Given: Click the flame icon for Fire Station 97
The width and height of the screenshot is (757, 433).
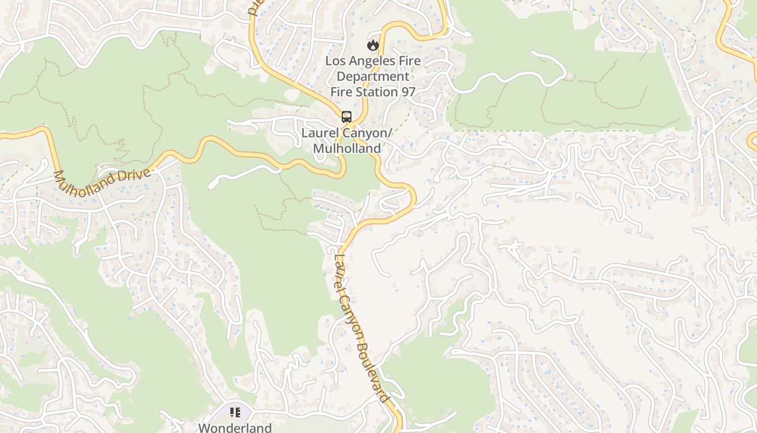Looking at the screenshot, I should pos(373,45).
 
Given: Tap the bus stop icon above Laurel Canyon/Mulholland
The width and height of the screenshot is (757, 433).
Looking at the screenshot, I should pos(346,116).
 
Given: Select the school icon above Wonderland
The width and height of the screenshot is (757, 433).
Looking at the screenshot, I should pos(235,413).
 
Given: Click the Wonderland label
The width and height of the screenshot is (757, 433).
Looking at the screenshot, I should pos(235,428).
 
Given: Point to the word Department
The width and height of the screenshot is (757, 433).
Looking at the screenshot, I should pos(373,76).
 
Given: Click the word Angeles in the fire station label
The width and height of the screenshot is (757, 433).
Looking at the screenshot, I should pos(373,61).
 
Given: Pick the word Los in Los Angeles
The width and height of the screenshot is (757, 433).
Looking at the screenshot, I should pos(335,61).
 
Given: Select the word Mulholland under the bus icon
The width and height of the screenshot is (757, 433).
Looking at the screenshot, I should pos(347,148).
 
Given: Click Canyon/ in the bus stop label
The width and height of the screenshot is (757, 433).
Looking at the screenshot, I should pos(368,133).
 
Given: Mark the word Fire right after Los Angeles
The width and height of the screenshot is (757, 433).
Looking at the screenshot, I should pos(410,61).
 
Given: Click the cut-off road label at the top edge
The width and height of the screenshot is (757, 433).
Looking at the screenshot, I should pos(253,8).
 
